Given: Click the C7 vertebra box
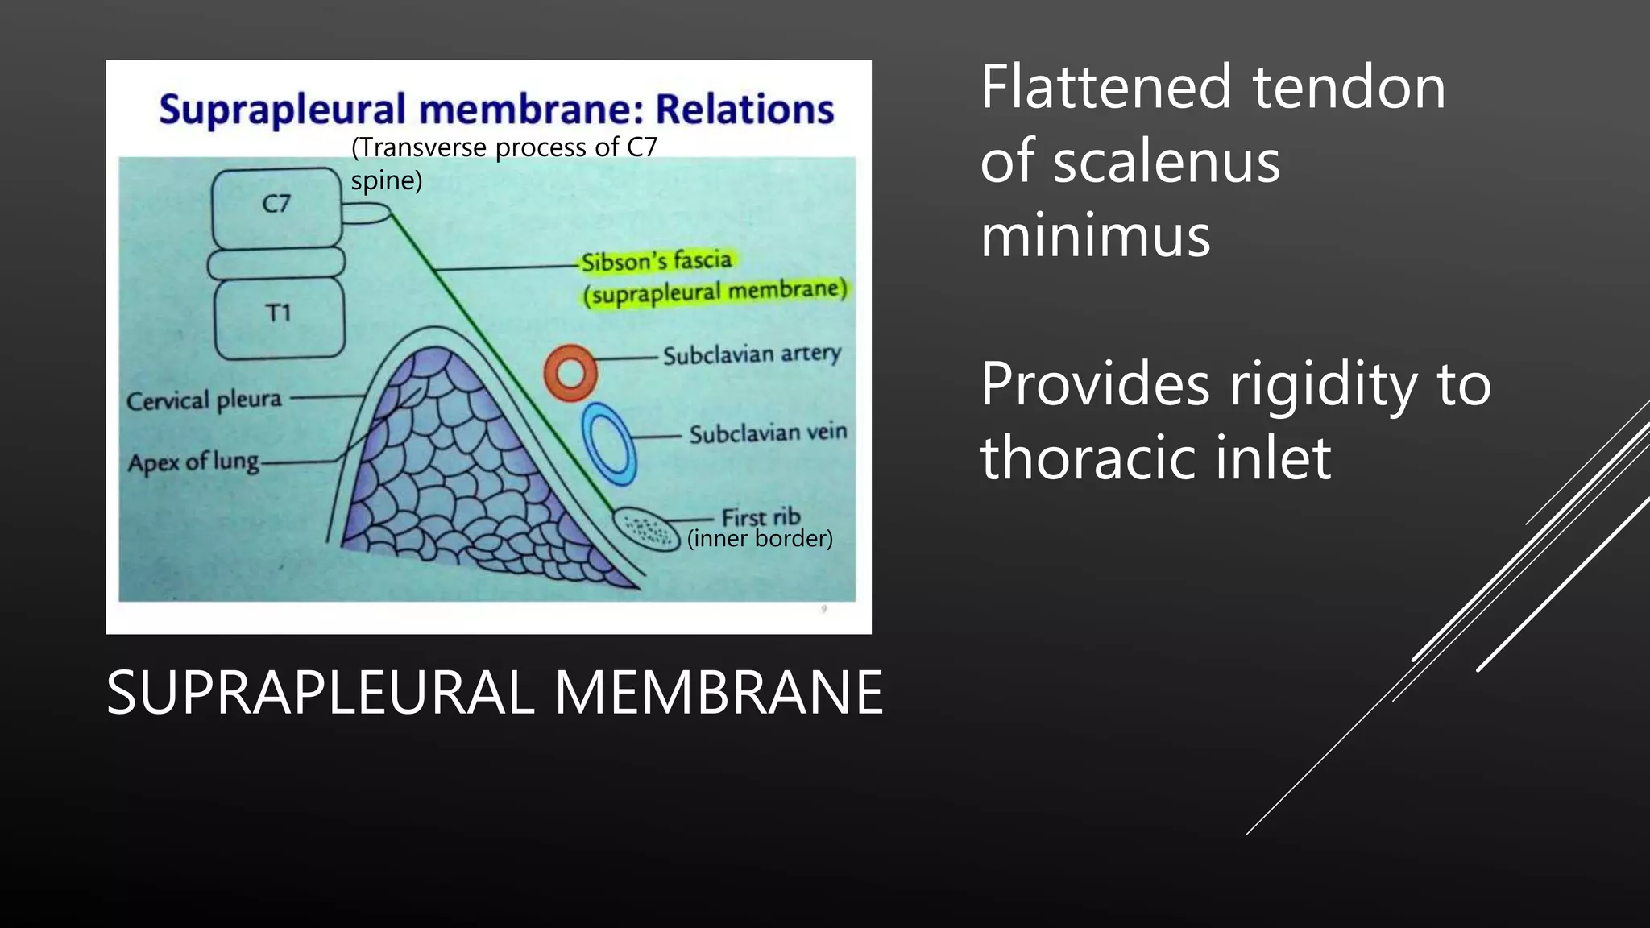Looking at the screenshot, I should pyautogui.click(x=276, y=206).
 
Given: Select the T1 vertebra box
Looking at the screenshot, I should pyautogui.click(x=279, y=317).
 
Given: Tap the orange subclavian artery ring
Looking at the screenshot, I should pyautogui.click(x=570, y=373).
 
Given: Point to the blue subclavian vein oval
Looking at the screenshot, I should pyautogui.click(x=610, y=442).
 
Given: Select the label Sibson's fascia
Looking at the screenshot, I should pyautogui.click(x=657, y=261).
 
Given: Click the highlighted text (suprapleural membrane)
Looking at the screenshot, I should pyautogui.click(x=715, y=292).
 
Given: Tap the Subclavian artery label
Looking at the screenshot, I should pyautogui.click(x=752, y=354).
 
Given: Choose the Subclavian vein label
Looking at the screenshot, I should pyautogui.click(x=768, y=433).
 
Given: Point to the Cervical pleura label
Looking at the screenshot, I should pyautogui.click(x=205, y=400).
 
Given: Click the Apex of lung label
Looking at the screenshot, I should pyautogui.click(x=193, y=462).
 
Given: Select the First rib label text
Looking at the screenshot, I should pyautogui.click(x=761, y=516).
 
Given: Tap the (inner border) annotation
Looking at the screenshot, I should pyautogui.click(x=760, y=538).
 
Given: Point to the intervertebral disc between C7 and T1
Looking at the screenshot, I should pyautogui.click(x=276, y=263).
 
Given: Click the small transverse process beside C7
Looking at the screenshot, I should pyautogui.click(x=365, y=213).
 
